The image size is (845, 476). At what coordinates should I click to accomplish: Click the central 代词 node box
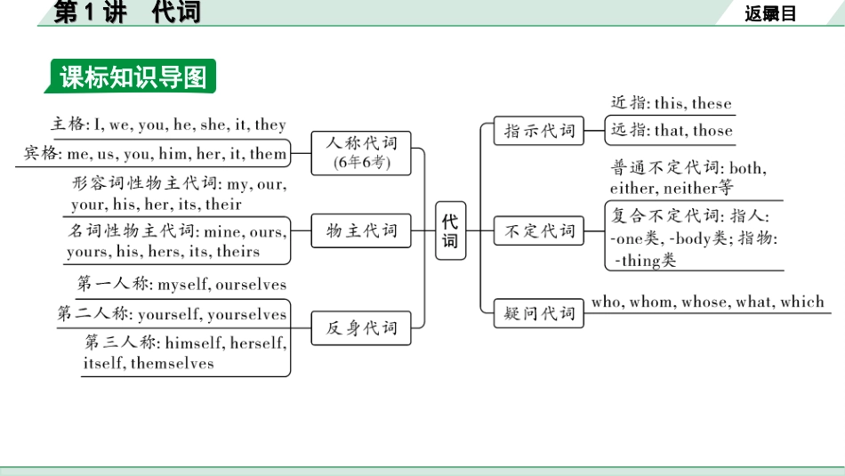[x=450, y=231]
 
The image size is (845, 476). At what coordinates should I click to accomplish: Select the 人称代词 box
[x=361, y=152]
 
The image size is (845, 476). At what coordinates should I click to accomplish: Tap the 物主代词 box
[x=361, y=231]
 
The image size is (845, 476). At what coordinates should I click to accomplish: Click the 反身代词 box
[x=361, y=327]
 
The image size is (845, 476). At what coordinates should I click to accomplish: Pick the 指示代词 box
[x=540, y=131]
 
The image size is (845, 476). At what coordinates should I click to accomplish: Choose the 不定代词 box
[x=540, y=231]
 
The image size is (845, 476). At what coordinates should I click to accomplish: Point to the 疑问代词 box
[x=540, y=313]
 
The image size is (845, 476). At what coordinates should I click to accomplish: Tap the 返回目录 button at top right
[x=770, y=12]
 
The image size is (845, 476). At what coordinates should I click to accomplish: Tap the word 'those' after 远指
[x=712, y=131]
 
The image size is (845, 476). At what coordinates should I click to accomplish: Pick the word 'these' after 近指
[x=712, y=103]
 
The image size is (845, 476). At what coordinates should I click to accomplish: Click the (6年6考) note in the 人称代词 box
[x=361, y=163]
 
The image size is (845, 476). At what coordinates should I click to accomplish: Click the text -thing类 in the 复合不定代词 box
[x=646, y=261]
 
